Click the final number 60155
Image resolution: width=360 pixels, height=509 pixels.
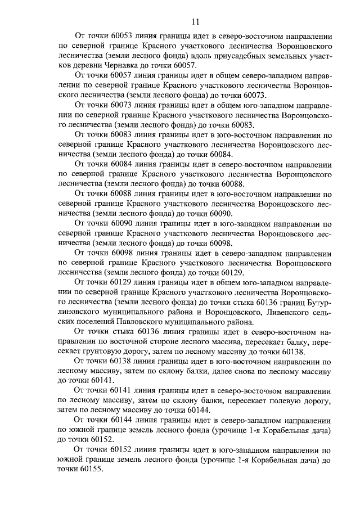pos(82,471)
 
